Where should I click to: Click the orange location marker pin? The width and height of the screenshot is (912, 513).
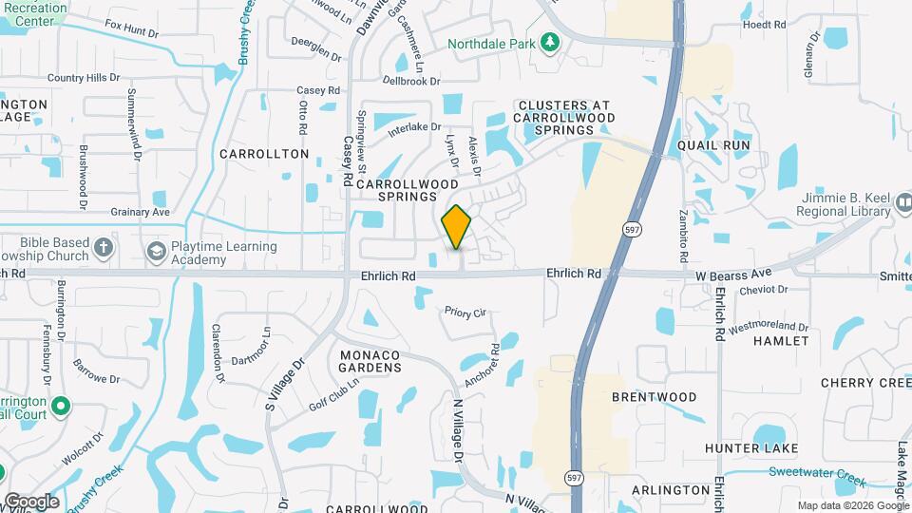457,227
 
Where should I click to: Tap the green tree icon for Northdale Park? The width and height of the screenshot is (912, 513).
549,42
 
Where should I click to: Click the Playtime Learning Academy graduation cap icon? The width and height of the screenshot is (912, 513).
155,250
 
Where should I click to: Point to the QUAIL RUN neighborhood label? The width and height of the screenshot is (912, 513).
714,145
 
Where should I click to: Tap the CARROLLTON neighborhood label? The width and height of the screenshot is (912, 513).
264,153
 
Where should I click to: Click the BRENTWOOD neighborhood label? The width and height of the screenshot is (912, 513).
654,397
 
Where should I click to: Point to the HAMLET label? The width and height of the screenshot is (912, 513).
783,340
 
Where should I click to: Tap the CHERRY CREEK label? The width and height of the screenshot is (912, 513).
865,382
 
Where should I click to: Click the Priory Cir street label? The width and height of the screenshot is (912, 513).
465,311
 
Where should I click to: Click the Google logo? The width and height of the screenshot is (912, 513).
30,501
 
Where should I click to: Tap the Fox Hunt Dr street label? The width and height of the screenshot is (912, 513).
132,30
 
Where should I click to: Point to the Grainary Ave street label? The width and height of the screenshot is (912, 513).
140,212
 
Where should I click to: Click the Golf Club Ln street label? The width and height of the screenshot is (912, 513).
334,395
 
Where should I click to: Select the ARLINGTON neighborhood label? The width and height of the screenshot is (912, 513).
669,489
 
